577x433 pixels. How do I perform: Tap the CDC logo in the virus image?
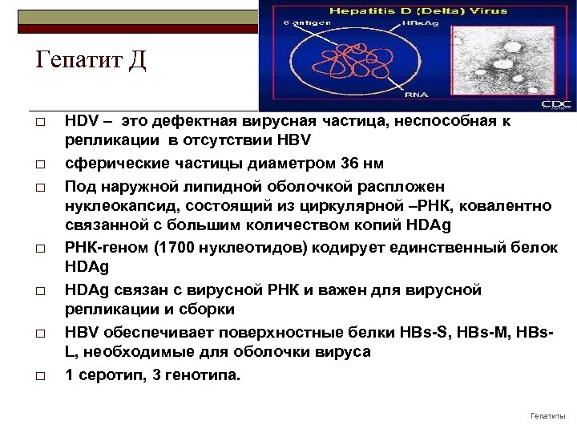pyautogui.click(x=555, y=103)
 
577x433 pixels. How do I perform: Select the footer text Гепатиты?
pyautogui.click(x=548, y=415)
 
